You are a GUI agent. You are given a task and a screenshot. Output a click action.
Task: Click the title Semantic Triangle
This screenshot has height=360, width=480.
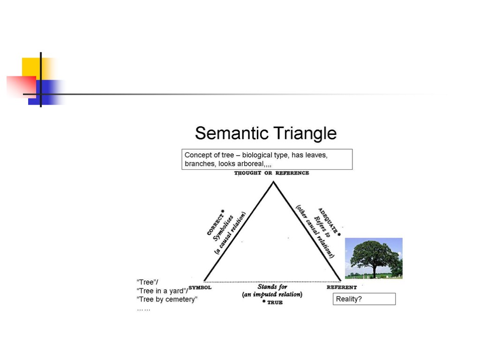(x=266, y=134)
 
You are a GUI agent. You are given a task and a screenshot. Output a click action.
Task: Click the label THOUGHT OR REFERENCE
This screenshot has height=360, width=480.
(x=271, y=173)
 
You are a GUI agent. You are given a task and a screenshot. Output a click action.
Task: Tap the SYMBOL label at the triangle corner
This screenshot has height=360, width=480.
(x=200, y=287)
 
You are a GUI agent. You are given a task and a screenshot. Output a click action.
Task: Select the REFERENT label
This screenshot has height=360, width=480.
(x=342, y=287)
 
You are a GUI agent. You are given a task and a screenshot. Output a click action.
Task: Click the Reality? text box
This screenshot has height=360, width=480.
(x=364, y=299)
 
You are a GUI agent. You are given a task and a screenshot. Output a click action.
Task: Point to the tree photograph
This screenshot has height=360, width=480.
(x=374, y=258)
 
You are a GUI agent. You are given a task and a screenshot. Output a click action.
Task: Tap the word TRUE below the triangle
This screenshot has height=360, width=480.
(x=275, y=303)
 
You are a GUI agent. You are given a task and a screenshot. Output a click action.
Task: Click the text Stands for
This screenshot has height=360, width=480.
(x=272, y=286)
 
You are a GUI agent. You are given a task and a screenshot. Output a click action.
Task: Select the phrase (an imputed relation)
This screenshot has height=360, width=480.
(x=272, y=294)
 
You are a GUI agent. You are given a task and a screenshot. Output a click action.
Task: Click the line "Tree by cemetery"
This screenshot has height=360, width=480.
(x=167, y=300)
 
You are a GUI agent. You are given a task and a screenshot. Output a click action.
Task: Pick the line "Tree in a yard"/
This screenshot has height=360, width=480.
(x=162, y=291)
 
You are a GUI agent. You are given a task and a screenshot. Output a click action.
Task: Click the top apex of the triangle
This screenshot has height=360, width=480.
(x=273, y=182)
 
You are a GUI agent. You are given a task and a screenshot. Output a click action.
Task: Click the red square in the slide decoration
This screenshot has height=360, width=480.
(x=21, y=86)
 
